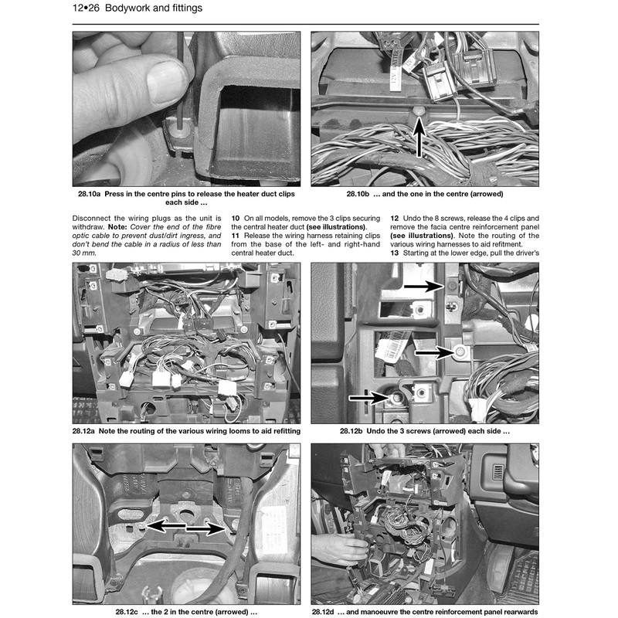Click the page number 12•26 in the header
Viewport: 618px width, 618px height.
(x=87, y=9)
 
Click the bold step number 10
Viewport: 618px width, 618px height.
(x=236, y=219)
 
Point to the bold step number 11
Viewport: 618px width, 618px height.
(x=236, y=236)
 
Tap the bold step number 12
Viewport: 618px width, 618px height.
(x=394, y=219)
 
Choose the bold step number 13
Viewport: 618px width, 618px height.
(x=394, y=253)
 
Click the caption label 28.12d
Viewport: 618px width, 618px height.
(x=331, y=612)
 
